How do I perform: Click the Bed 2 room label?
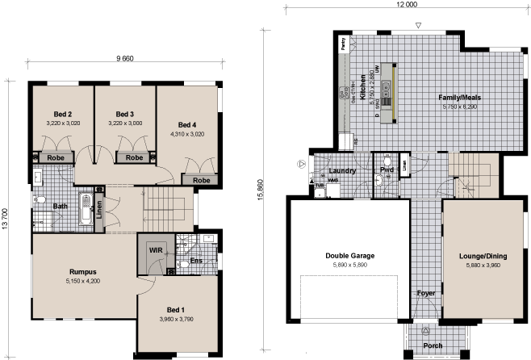click(x=54, y=114)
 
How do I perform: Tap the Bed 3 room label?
click(x=124, y=114)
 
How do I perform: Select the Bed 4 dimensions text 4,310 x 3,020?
click(x=186, y=134)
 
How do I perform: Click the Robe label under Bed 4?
click(x=202, y=180)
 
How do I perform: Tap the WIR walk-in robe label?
click(x=156, y=251)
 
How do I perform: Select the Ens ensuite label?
click(x=196, y=262)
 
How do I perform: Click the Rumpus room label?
click(x=85, y=271)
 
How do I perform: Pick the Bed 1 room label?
click(x=176, y=310)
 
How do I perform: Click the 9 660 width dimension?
click(x=123, y=59)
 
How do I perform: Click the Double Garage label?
click(x=349, y=257)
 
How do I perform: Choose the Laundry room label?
click(x=344, y=171)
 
